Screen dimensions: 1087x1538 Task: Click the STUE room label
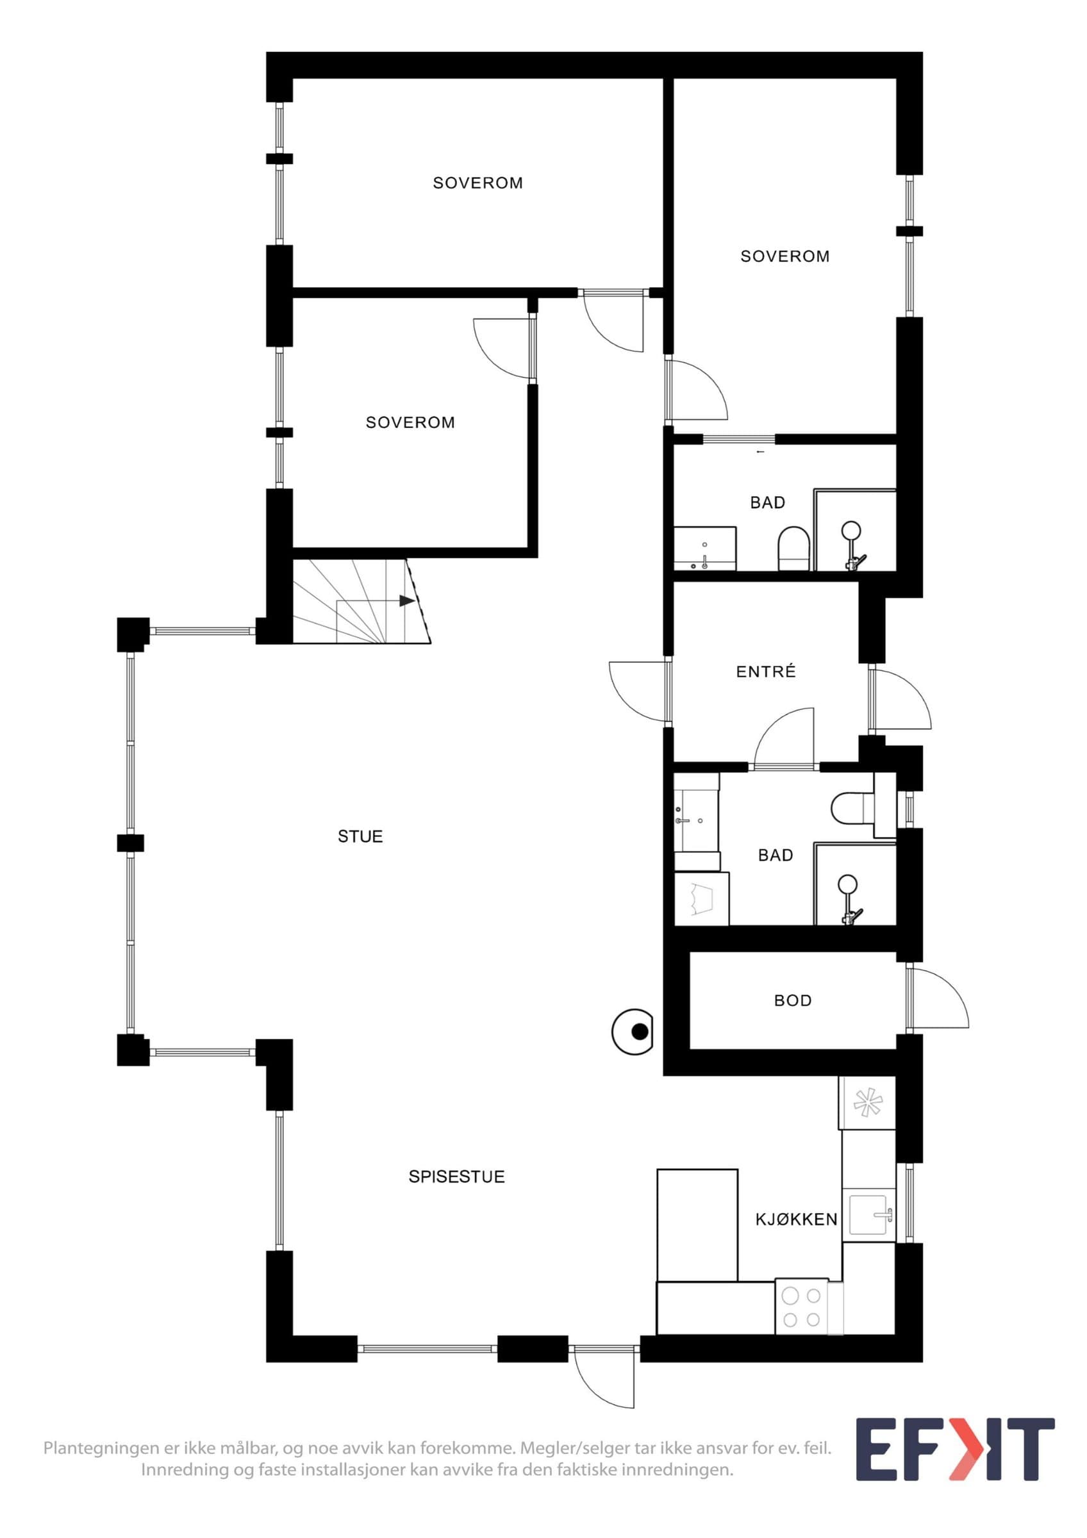(x=360, y=836)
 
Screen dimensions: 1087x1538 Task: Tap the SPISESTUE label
(x=456, y=1177)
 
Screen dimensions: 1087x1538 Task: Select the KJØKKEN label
(x=796, y=1219)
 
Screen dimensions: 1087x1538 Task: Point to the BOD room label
(x=792, y=1000)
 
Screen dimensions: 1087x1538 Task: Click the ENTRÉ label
(x=765, y=671)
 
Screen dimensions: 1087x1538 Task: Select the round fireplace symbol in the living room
(x=633, y=1032)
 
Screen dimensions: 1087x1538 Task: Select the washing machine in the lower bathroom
(x=701, y=898)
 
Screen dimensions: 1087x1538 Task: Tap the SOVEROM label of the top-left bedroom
(x=477, y=183)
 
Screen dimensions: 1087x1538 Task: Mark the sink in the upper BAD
(x=704, y=549)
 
